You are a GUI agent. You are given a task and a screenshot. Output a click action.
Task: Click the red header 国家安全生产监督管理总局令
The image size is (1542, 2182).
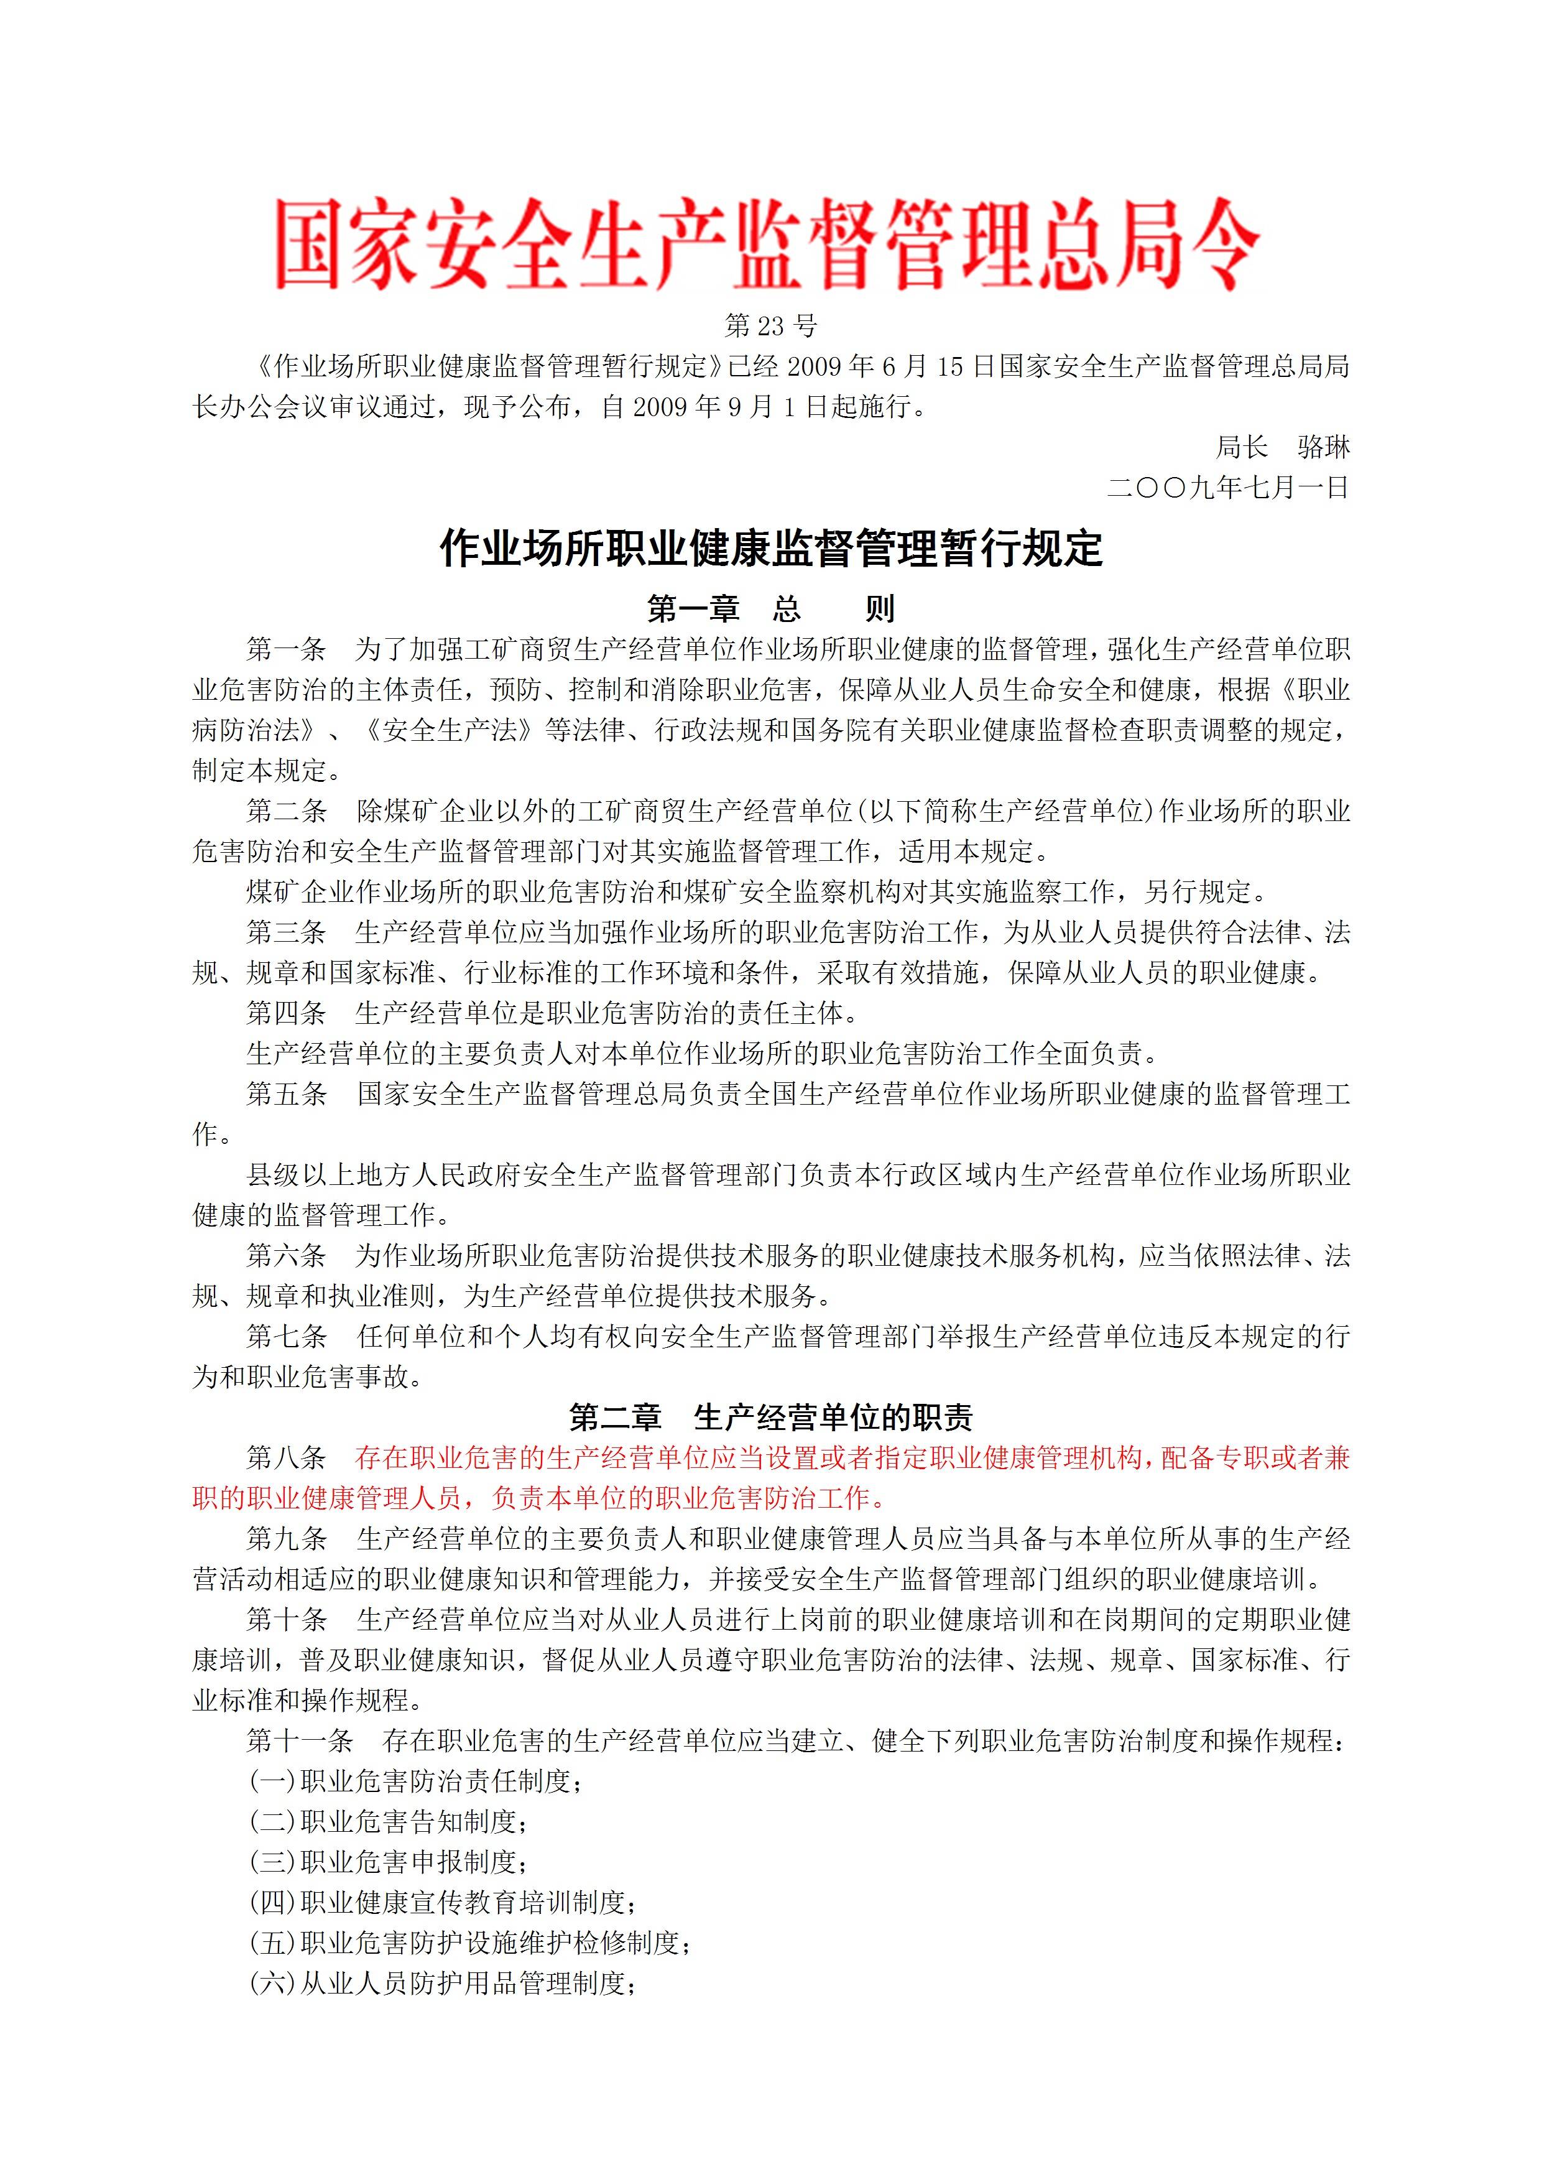coord(768,245)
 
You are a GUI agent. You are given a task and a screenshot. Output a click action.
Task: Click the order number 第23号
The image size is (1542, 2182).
coord(770,326)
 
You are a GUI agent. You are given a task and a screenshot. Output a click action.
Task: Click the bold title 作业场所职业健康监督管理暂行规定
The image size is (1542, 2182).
coord(770,549)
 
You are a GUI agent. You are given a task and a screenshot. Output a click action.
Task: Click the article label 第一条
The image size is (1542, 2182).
coord(286,650)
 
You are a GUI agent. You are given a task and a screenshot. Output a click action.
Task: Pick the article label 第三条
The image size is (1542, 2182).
coord(286,932)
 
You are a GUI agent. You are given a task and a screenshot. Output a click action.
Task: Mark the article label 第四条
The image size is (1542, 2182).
coord(286,1013)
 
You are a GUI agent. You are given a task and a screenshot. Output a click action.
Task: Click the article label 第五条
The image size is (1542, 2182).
coord(286,1094)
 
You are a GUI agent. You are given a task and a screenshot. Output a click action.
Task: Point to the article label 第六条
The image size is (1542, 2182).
coord(286,1255)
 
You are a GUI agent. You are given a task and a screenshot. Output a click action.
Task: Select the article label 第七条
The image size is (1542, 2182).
coord(286,1336)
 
